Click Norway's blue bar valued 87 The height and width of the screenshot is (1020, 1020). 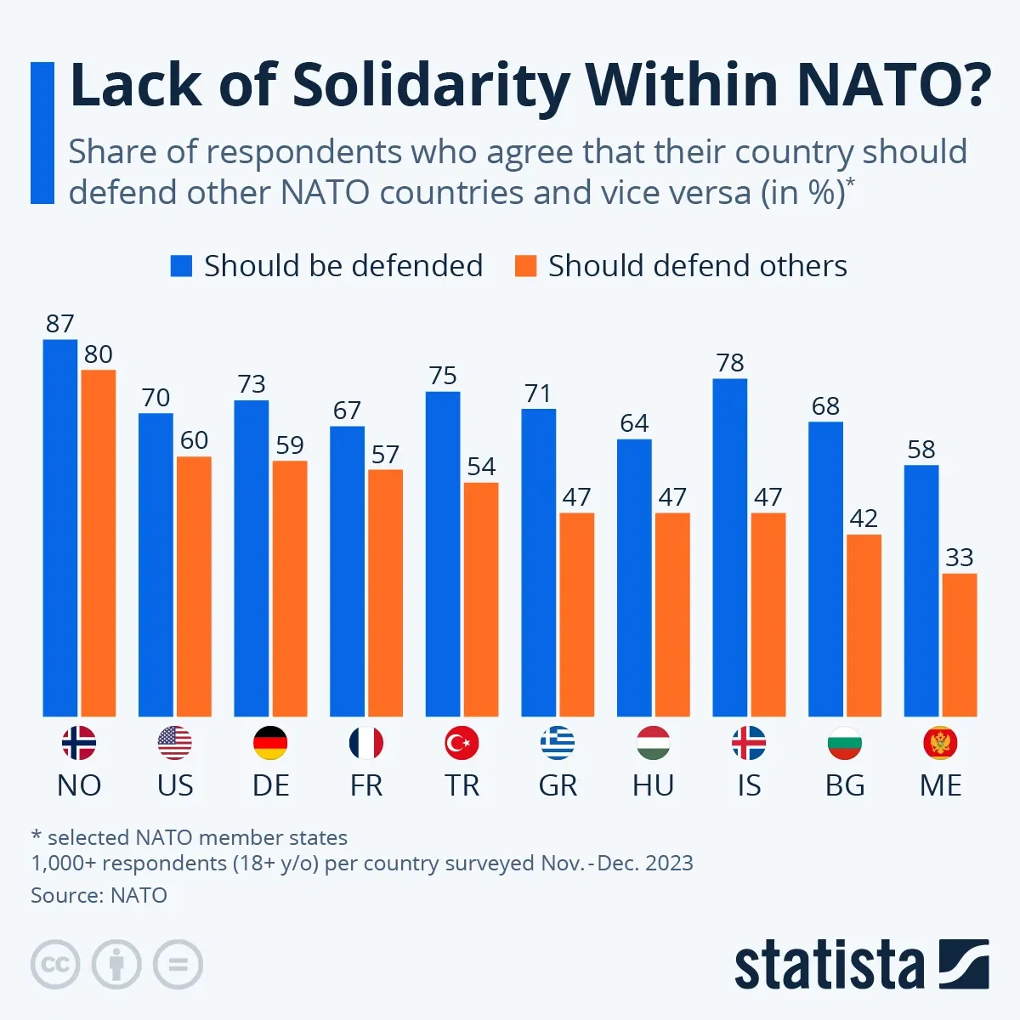tap(59, 527)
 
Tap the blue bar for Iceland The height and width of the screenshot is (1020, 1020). tap(729, 547)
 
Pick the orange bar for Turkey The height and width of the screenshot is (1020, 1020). tap(481, 599)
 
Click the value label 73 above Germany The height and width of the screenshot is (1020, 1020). tap(252, 384)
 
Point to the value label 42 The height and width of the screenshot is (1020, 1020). tap(864, 518)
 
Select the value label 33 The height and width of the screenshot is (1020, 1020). tap(960, 558)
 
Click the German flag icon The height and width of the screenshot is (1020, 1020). tap(270, 744)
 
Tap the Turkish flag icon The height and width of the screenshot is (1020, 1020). tap(462, 744)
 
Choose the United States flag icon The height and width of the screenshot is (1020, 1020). tap(175, 744)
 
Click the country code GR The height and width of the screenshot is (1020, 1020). tap(558, 785)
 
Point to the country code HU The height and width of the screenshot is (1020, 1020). tap(653, 785)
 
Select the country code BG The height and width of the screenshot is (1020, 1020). tap(845, 785)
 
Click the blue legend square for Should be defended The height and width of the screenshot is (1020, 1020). tap(181, 266)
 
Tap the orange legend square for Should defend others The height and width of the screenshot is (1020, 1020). tap(526, 266)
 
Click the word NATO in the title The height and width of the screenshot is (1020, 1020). tap(892, 85)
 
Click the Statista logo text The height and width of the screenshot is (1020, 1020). tap(829, 966)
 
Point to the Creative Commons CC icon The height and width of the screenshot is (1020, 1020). tap(55, 965)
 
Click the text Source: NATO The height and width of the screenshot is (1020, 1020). tap(99, 895)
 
